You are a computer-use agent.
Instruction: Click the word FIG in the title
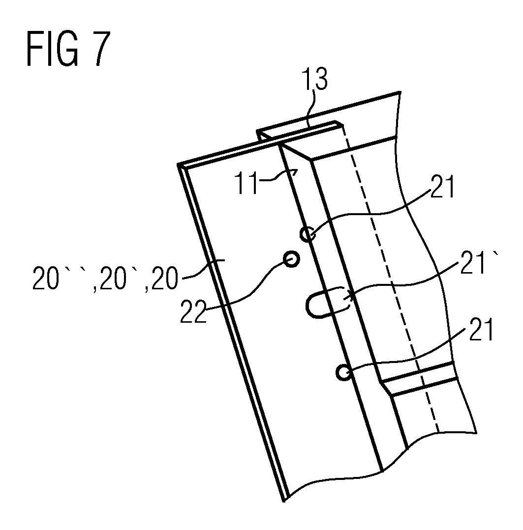(53, 49)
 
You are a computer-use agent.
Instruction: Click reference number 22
(193, 311)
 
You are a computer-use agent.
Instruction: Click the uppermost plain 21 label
(442, 186)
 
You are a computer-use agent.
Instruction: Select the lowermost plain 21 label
(481, 329)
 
